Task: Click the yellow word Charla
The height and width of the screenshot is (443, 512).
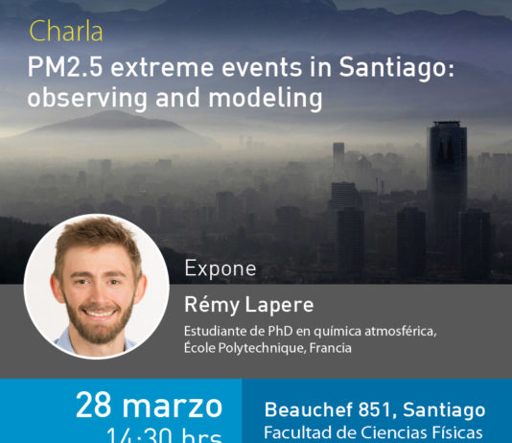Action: point(66,33)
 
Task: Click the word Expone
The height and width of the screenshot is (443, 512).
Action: point(220,269)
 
